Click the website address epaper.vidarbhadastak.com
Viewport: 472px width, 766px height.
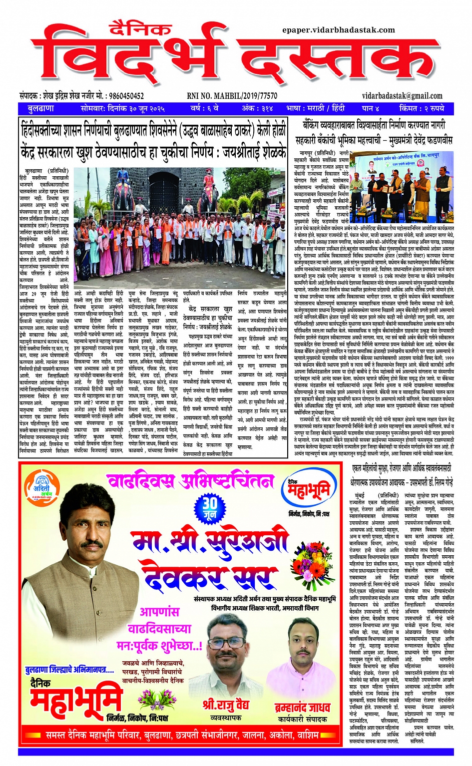[x=338, y=30]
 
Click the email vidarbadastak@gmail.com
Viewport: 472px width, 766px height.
[x=402, y=96]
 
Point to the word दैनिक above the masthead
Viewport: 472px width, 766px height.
[x=141, y=29]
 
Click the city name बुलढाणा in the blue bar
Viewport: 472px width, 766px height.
[x=41, y=108]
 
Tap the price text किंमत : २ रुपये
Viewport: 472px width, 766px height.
[x=422, y=108]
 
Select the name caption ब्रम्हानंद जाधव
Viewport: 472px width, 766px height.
[x=302, y=707]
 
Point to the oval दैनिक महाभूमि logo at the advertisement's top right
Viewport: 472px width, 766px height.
[x=308, y=492]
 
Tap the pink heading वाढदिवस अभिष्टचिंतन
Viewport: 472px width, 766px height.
[x=190, y=481]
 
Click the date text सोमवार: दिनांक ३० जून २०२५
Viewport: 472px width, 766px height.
[x=122, y=108]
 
